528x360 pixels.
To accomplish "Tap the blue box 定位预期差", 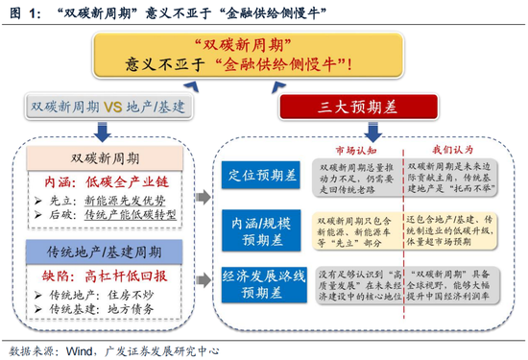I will [x=258, y=174].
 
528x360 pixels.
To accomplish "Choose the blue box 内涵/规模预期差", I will [x=258, y=227].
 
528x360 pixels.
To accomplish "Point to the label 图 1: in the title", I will [x=22, y=13].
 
